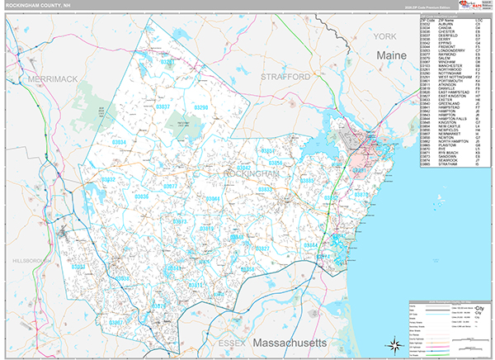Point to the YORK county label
(x=384, y=37)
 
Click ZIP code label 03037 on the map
(x=163, y=107)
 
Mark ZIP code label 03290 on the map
(x=200, y=107)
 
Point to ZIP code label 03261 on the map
(x=168, y=62)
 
